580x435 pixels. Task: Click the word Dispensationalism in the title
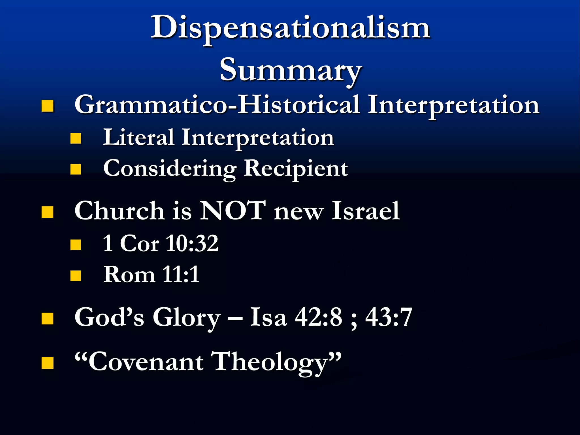click(291, 28)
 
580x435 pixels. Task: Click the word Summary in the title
click(291, 69)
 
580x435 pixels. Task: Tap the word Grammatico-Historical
click(217, 105)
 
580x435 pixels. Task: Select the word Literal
click(138, 138)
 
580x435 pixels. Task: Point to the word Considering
click(170, 169)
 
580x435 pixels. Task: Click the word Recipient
click(296, 169)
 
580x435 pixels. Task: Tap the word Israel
click(366, 211)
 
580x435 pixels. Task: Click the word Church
click(119, 211)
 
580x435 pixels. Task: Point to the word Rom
click(129, 274)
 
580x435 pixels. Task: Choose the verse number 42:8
click(318, 317)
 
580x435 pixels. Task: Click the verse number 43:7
click(389, 317)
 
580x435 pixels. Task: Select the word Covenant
click(146, 362)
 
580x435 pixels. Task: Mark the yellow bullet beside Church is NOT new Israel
click(47, 212)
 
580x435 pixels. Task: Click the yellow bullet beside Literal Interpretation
click(76, 139)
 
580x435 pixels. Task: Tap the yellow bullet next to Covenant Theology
click(47, 363)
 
